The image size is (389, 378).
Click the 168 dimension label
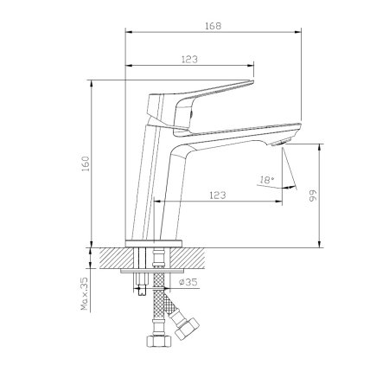(214, 26)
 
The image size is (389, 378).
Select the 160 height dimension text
(86, 163)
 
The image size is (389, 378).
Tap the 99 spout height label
(313, 195)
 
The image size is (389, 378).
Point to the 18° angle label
(266, 180)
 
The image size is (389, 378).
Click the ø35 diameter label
(188, 282)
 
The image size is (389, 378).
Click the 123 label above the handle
(189, 60)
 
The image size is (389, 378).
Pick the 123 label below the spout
(218, 195)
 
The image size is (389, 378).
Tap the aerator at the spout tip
(282, 142)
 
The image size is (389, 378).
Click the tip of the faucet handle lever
(252, 82)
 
